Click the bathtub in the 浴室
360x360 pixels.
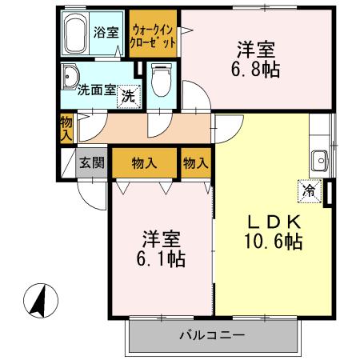75,34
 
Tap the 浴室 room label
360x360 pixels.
107,34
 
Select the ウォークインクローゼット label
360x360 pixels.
153,34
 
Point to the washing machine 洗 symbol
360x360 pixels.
127,98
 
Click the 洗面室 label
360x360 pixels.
95,90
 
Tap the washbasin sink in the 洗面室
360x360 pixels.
70,77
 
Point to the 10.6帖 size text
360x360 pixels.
273,240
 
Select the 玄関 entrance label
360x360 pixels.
91,163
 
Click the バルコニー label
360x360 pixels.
211,334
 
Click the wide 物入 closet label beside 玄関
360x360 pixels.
143,163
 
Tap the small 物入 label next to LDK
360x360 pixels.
195,163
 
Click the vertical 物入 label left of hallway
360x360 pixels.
66,127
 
